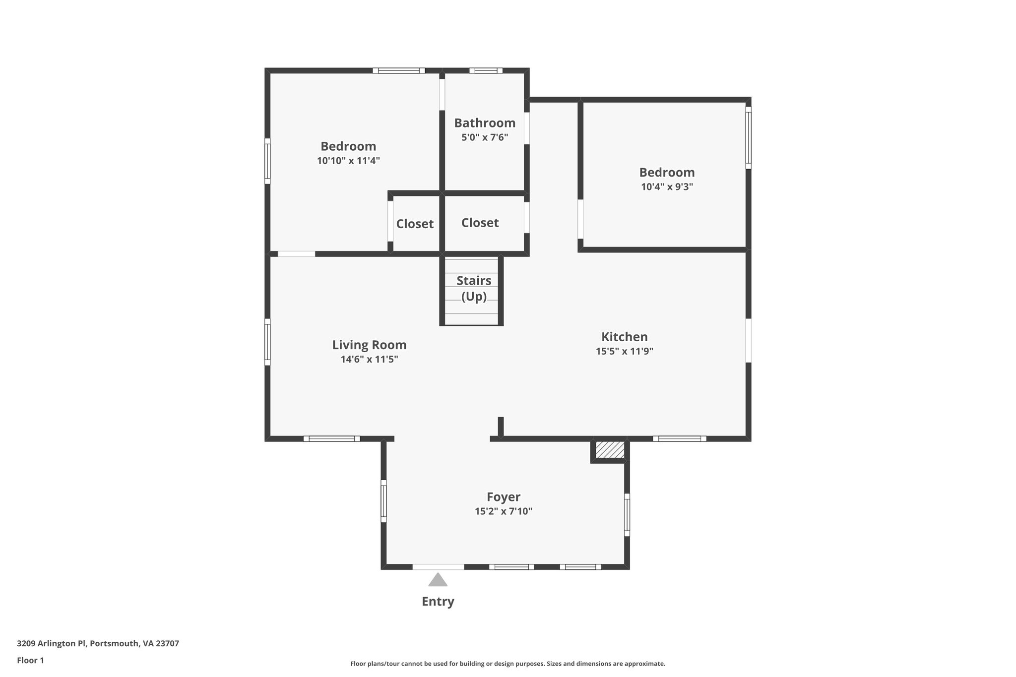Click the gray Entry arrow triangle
tap(438, 580)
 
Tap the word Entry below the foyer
tap(438, 602)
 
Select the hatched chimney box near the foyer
tap(610, 450)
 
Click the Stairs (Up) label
tap(474, 288)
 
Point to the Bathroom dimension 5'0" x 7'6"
tap(485, 137)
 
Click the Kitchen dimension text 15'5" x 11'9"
tap(624, 352)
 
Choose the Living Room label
tap(369, 345)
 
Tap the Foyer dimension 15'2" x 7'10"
tap(503, 511)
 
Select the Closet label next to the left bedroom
tap(415, 224)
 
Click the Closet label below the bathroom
tap(480, 223)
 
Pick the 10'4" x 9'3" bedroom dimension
tap(667, 187)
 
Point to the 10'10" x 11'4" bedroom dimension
tap(348, 161)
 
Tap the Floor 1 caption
tap(30, 660)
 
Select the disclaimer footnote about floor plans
tap(508, 664)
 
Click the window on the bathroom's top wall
tap(486, 70)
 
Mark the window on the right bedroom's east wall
tap(748, 137)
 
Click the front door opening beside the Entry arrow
tap(438, 566)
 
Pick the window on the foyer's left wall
tap(383, 500)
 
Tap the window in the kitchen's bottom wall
tap(679, 438)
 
